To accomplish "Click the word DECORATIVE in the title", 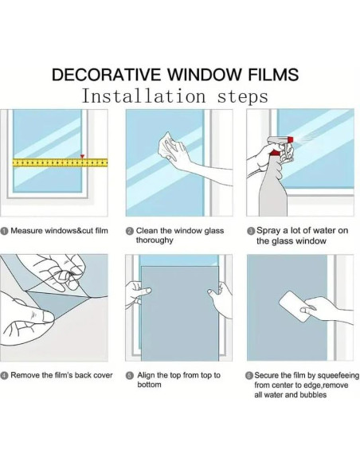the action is (107, 74).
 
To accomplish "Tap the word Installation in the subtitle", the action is (143, 96).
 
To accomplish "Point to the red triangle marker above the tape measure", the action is (83, 156).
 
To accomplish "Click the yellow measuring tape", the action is (60, 162).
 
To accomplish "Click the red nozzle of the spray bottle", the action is (290, 139).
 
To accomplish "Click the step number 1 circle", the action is (4, 231).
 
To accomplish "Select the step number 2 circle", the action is (129, 231).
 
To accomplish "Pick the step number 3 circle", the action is (251, 231).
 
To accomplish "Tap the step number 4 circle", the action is (4, 376).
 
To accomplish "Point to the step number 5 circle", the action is (129, 376).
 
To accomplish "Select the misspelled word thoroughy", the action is (155, 240).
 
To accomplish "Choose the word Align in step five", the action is (146, 376).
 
